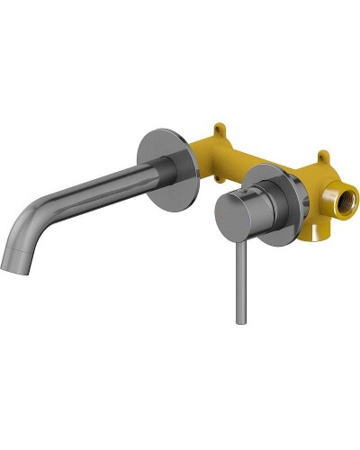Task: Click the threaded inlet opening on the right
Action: (x=344, y=195)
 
